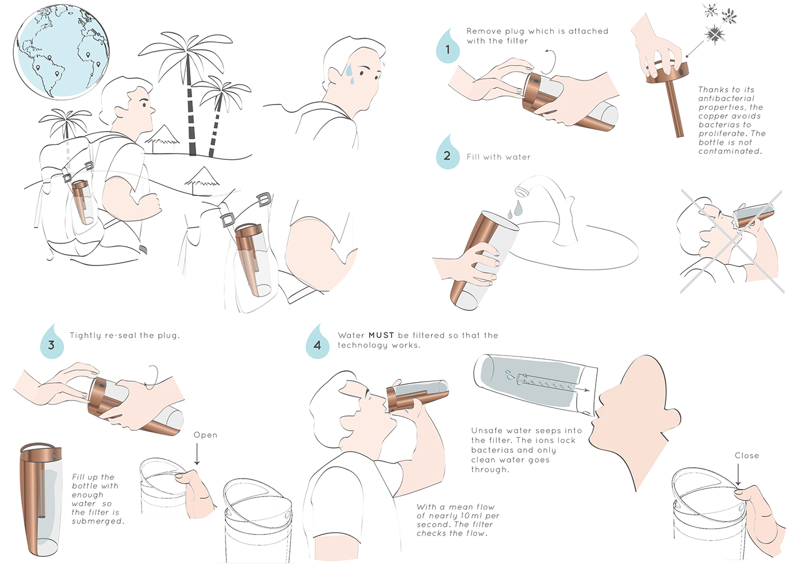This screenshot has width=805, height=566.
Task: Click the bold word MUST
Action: [x=381, y=336]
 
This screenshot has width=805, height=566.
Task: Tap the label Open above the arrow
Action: [x=205, y=436]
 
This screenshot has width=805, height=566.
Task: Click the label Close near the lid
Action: [x=747, y=456]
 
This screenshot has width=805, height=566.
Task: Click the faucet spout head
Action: [x=522, y=189]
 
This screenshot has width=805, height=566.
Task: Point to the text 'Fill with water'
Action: [x=499, y=157]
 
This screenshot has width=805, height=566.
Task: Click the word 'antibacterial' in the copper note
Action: [x=726, y=98]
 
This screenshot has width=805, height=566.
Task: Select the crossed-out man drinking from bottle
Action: [x=730, y=241]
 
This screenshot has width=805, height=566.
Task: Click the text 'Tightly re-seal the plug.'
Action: [x=125, y=336]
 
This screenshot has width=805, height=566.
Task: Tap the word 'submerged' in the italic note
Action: [x=98, y=521]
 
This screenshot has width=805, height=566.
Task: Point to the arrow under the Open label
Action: [x=197, y=455]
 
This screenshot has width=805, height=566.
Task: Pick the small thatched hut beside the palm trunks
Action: [x=162, y=137]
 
